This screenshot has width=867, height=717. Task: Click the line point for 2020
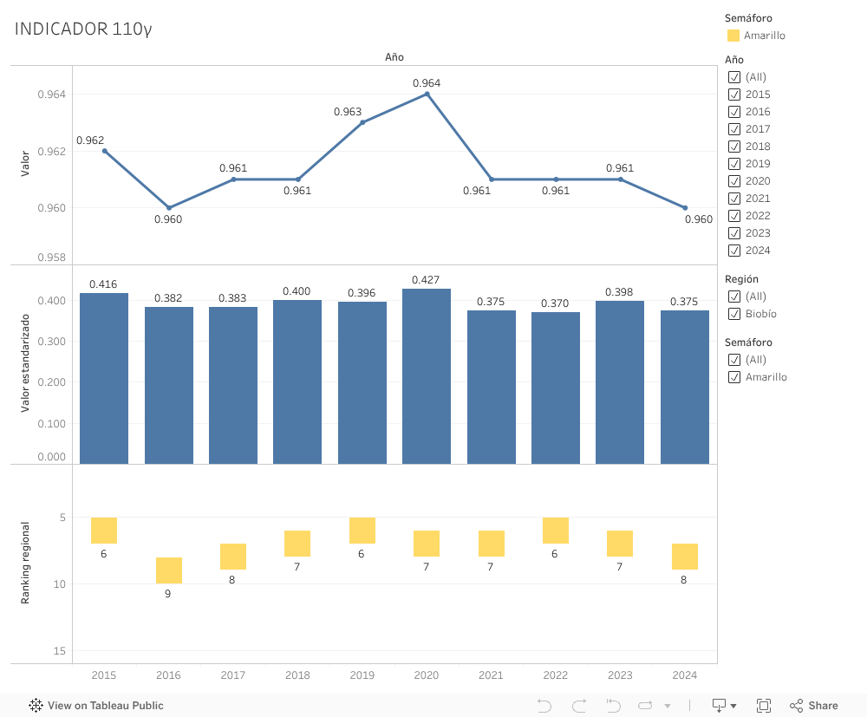[427, 94]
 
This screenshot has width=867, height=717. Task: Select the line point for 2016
[169, 208]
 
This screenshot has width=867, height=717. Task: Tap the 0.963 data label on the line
[348, 112]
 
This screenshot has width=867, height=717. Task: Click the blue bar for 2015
[104, 378]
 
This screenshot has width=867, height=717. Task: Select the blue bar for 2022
[556, 388]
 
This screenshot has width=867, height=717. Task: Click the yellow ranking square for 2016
[169, 570]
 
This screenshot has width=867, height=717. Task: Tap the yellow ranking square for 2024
[685, 557]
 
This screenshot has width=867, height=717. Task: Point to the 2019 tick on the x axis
[362, 675]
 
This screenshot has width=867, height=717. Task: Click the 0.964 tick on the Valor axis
[51, 94]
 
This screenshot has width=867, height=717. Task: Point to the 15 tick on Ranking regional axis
[60, 651]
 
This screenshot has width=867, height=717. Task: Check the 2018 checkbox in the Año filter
[734, 147]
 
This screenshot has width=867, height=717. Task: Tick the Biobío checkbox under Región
[734, 314]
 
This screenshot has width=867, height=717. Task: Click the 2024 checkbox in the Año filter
[734, 251]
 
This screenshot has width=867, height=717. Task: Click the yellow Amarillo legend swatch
[733, 36]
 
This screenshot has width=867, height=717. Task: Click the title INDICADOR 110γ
[83, 29]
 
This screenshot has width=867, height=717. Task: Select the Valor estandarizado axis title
[26, 363]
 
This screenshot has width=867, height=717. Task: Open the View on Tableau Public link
[96, 706]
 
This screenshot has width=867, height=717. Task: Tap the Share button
[813, 706]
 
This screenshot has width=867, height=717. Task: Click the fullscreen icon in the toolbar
[764, 706]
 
